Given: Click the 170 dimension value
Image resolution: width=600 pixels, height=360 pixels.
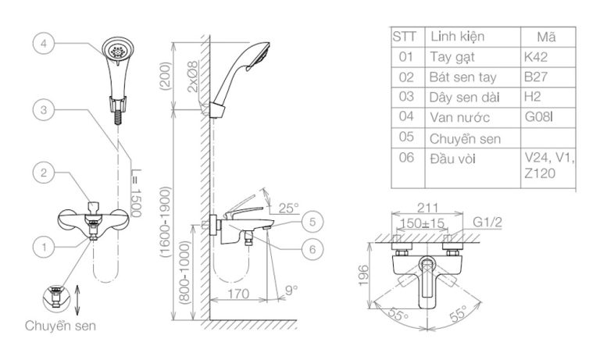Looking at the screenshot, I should (238, 295).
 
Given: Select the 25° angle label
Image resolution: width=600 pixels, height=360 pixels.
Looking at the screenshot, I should (290, 209).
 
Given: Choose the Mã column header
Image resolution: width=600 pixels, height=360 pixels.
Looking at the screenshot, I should (547, 37).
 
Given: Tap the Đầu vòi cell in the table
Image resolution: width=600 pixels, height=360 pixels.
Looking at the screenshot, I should (453, 159).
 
